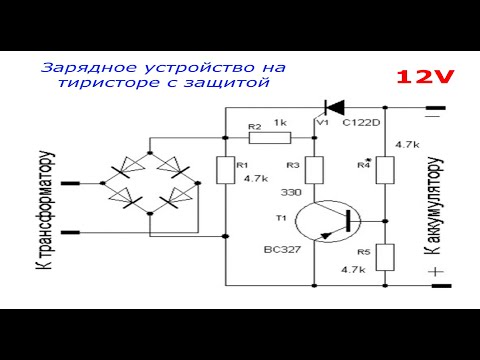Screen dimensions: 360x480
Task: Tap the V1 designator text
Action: point(321,123)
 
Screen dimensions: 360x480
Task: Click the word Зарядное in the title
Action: point(75,68)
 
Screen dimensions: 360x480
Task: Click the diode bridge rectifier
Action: point(151,185)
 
